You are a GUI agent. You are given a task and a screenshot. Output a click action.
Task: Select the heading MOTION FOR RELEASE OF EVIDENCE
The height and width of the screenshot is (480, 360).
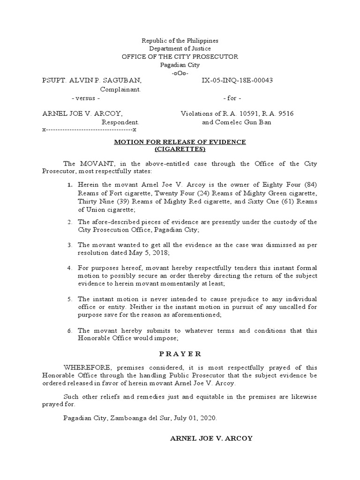coord(180,142)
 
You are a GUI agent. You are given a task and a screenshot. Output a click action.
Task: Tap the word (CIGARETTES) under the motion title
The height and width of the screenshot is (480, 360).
coord(180,150)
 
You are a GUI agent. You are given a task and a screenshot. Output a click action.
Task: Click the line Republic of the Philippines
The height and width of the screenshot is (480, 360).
coord(180,41)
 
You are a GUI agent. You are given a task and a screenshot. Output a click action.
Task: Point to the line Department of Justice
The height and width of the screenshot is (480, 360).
coord(180,49)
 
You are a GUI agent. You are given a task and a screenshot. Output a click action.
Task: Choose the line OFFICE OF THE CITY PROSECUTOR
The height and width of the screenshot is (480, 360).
coord(180,57)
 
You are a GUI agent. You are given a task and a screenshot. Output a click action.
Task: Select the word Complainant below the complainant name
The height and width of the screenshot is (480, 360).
coord(120,89)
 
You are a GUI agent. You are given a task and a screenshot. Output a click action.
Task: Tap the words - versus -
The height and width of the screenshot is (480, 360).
coord(85,98)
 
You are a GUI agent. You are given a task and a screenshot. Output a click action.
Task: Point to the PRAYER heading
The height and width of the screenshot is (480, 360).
coord(180,354)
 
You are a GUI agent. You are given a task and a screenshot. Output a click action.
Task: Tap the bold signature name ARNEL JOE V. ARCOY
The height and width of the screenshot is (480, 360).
coord(211,438)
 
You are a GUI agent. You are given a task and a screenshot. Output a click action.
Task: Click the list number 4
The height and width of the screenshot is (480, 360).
coord(69,268)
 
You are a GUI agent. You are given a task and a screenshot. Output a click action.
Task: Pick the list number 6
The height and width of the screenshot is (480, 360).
coord(69,331)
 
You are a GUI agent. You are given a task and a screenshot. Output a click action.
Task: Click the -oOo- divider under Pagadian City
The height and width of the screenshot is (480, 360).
coord(180,73)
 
